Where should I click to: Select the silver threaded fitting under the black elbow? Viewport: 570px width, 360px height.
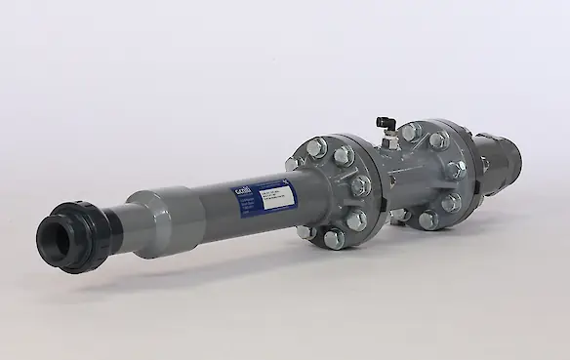(389, 142)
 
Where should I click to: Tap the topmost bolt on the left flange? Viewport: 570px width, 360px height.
(316, 147)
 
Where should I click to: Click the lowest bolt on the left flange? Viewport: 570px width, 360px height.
(333, 237)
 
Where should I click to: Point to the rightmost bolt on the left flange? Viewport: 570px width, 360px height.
(360, 185)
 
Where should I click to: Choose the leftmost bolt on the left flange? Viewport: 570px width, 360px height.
(293, 163)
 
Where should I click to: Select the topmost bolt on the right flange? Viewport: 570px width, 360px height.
(412, 131)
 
